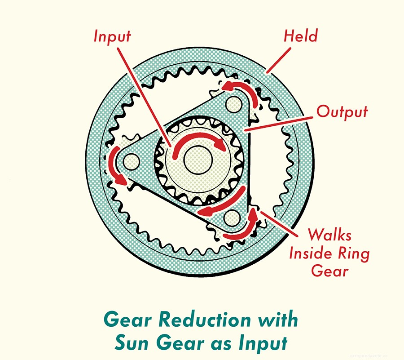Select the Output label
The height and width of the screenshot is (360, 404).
point(342,111)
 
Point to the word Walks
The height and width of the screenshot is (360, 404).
point(329,235)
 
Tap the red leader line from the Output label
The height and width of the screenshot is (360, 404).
point(278,121)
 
